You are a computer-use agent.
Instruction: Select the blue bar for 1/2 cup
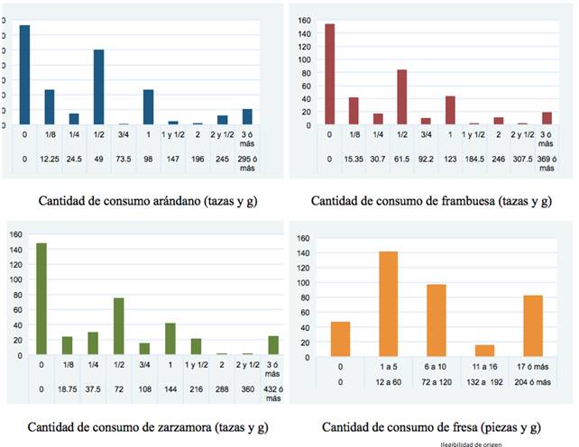pos(99,87)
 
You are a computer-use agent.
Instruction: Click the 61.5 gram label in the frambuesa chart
pos(401,160)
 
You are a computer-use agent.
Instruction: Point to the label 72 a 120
pos(437,381)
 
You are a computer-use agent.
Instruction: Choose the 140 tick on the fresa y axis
pos(303,254)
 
